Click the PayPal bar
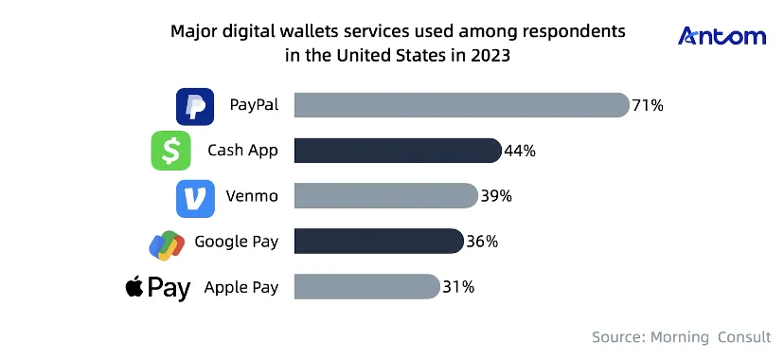click(x=461, y=105)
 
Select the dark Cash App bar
click(x=398, y=151)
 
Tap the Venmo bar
click(x=386, y=195)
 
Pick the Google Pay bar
click(x=379, y=241)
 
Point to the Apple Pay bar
click(x=367, y=286)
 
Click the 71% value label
click(x=648, y=105)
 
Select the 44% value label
click(x=520, y=151)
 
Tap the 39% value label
click(x=496, y=196)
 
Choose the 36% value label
click(x=482, y=242)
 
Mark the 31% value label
click(x=458, y=287)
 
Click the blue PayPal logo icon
click(x=195, y=106)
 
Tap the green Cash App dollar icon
click(x=170, y=151)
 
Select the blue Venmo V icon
click(x=195, y=199)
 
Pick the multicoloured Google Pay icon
click(x=167, y=245)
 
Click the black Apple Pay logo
click(x=158, y=289)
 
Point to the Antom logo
click(x=722, y=37)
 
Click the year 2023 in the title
click(x=490, y=55)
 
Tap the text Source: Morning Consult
click(x=682, y=337)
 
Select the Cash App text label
click(x=242, y=151)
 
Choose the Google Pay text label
click(x=237, y=242)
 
